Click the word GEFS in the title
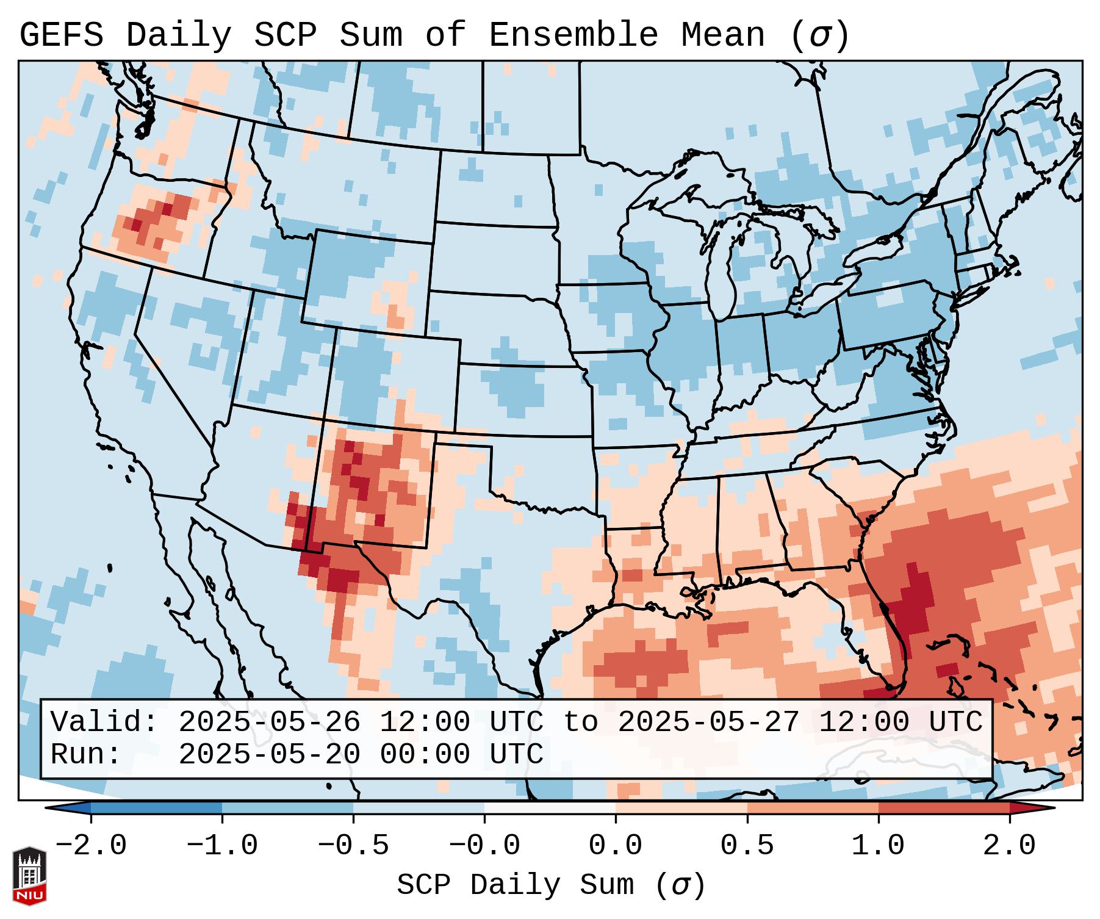tap(61, 35)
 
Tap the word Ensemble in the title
tap(573, 35)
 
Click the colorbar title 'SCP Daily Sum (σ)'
tap(551, 885)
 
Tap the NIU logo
tap(29, 875)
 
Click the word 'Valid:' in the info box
tap(104, 723)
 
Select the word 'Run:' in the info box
tap(85, 755)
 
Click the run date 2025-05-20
tap(269, 755)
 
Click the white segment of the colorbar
tap(550, 808)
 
